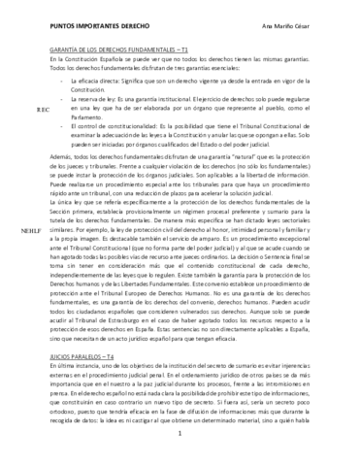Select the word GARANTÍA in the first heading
coord(64,48)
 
